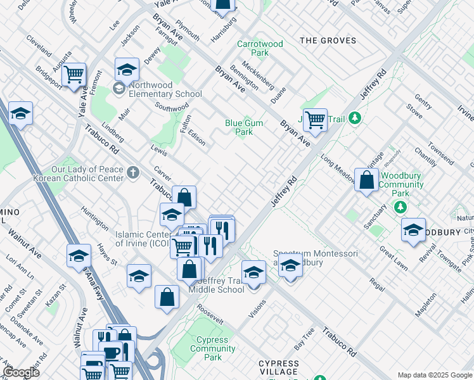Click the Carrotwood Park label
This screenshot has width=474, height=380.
pyautogui.click(x=260, y=48)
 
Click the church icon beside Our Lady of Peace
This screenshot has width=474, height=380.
pyautogui.click(x=132, y=172)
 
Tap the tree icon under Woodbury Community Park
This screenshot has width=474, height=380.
pyautogui.click(x=400, y=207)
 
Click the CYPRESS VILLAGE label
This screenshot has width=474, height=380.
pyautogui.click(x=279, y=367)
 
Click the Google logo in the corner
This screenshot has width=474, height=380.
pyautogui.click(x=22, y=372)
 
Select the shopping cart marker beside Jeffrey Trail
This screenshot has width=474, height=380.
pyautogui.click(x=314, y=118)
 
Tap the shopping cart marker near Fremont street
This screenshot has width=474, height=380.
pyautogui.click(x=74, y=74)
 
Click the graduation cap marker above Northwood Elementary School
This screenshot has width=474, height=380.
pyautogui.click(x=127, y=69)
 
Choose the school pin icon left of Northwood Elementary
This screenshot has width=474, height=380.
pyautogui.click(x=118, y=89)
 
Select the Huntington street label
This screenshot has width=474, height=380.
pyautogui.click(x=94, y=217)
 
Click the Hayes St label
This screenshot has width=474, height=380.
pyautogui.click(x=107, y=254)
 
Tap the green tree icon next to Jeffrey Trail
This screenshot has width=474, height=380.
pyautogui.click(x=355, y=118)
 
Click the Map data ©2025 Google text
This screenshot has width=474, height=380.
pyautogui.click(x=435, y=375)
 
